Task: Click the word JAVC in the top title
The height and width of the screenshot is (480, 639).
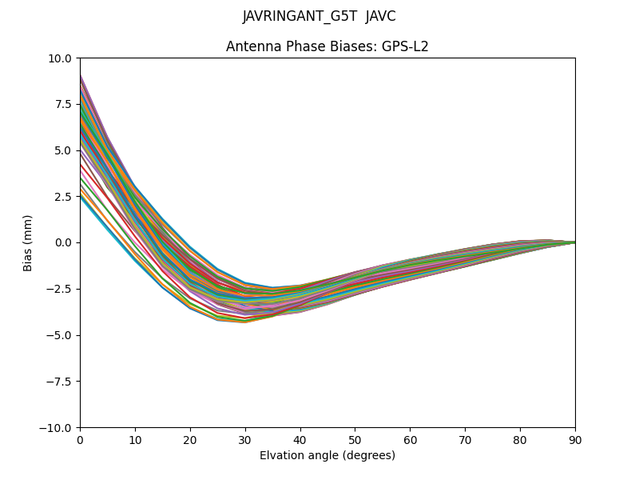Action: point(380,17)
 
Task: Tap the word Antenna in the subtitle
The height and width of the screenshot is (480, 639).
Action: point(251,46)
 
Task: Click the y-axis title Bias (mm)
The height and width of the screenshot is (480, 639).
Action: point(28,242)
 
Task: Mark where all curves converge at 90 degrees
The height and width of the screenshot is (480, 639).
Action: point(574,242)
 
